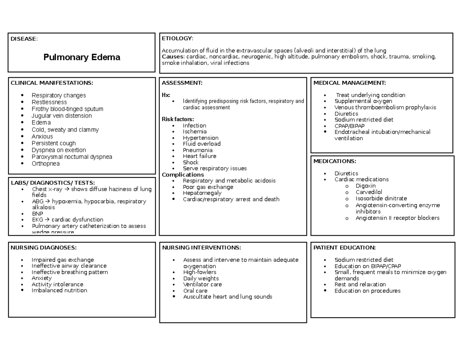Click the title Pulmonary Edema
(x=82, y=57)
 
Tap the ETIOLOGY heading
(x=177, y=38)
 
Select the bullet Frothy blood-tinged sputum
(x=67, y=109)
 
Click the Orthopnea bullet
(x=45, y=163)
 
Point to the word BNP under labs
(x=37, y=214)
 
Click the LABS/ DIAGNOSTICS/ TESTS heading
(x=52, y=183)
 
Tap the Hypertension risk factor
(x=200, y=138)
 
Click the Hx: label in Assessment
(x=166, y=95)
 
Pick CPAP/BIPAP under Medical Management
(x=349, y=126)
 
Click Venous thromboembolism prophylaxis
(x=385, y=107)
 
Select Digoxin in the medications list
(x=365, y=186)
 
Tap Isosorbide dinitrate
(x=381, y=198)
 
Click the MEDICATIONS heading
(x=334, y=161)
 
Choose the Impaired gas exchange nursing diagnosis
(x=63, y=260)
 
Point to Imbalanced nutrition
(x=59, y=290)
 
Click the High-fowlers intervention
(x=200, y=272)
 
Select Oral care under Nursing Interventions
(x=195, y=290)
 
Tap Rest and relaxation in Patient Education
(x=360, y=285)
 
